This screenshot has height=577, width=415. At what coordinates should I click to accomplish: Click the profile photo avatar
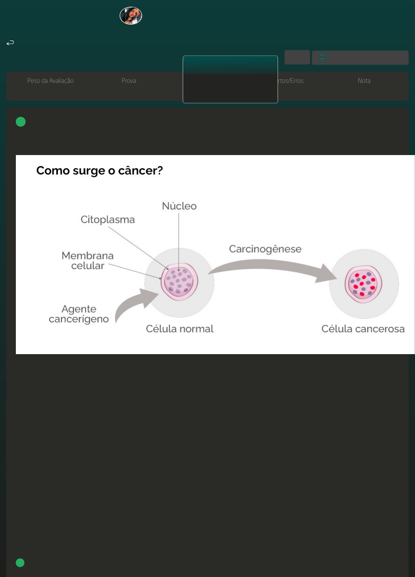click(131, 16)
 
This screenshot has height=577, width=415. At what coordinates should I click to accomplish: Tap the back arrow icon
click(10, 42)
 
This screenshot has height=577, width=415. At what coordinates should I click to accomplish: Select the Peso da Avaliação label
click(50, 81)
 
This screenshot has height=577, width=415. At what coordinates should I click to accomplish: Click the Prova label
click(129, 81)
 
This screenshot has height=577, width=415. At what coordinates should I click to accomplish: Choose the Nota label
click(364, 81)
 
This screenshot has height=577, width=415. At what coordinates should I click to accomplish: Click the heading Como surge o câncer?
click(99, 171)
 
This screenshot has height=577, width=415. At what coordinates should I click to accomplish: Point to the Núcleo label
click(179, 206)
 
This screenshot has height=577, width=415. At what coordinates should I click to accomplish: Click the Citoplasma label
click(107, 219)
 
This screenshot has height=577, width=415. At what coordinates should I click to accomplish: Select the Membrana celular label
click(88, 261)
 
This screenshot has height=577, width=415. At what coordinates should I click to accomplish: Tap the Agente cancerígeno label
click(79, 314)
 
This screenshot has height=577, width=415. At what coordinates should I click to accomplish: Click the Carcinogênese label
click(265, 249)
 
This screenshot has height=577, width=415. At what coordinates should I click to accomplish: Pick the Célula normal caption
click(180, 329)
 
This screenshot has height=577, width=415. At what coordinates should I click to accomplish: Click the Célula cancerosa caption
click(363, 329)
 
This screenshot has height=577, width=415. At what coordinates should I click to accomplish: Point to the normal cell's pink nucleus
click(180, 282)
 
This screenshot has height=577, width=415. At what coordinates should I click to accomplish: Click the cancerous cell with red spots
click(363, 284)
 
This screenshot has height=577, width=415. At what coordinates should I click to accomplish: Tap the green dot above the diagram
click(21, 122)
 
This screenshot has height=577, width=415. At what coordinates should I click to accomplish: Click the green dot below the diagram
click(20, 563)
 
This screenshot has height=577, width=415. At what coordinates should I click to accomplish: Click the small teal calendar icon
click(323, 58)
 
